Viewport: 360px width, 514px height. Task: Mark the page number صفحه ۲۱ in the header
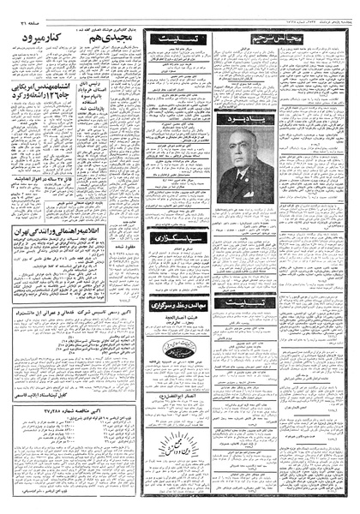19,13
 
